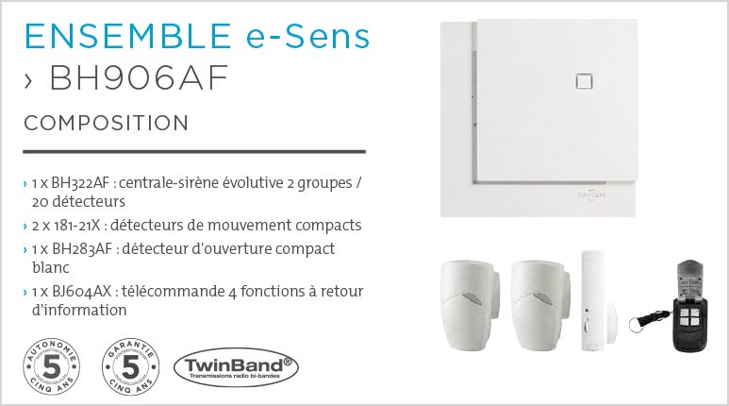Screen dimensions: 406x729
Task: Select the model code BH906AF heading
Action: click(x=139, y=78)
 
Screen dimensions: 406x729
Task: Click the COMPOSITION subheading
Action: click(x=106, y=124)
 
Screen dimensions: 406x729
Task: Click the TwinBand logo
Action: click(x=234, y=366)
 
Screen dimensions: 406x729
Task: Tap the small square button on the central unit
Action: click(x=582, y=81)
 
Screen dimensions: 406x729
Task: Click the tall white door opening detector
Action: click(x=593, y=300)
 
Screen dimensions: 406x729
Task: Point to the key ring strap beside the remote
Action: click(x=644, y=316)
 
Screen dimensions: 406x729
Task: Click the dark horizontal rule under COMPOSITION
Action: click(x=193, y=151)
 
